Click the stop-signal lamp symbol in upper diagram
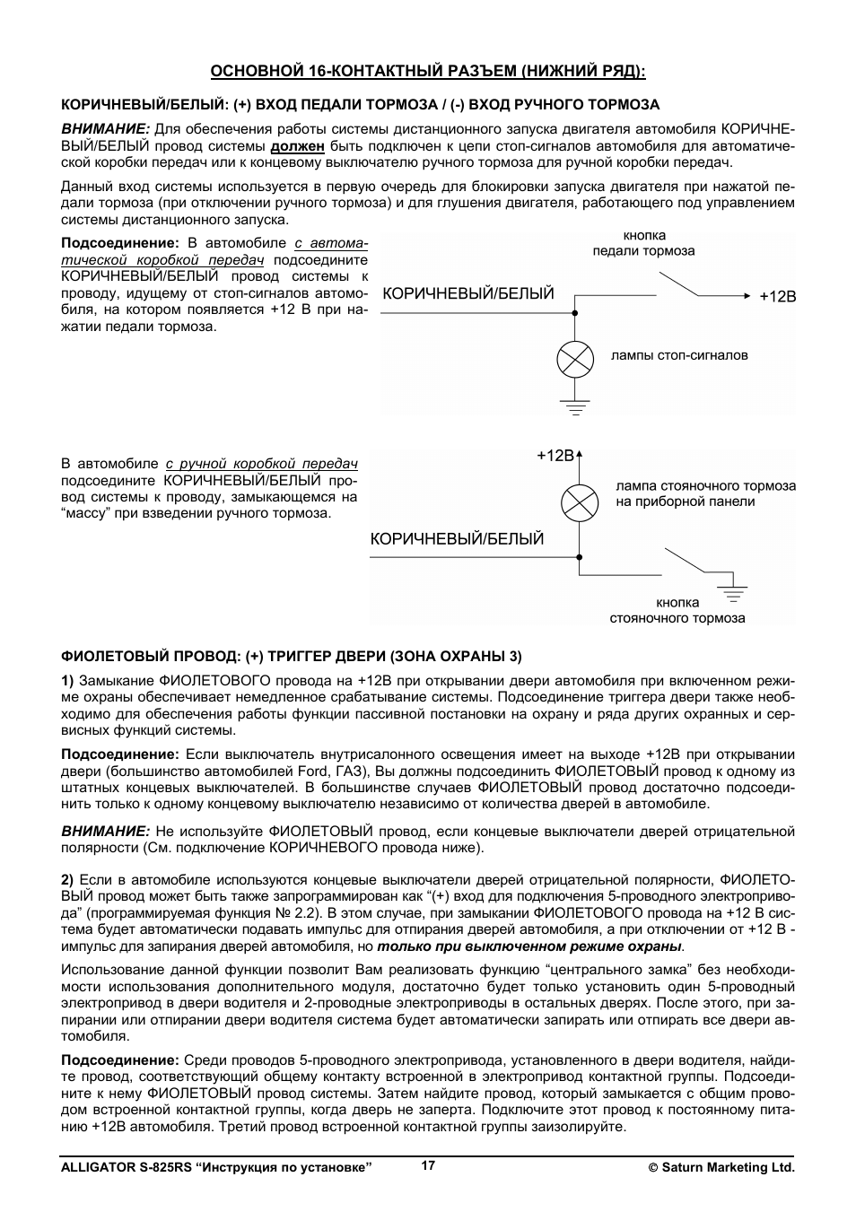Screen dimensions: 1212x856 click(575, 360)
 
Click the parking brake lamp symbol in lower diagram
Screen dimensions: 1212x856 click(580, 502)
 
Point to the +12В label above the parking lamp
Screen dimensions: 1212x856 click(555, 456)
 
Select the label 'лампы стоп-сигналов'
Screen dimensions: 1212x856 click(679, 355)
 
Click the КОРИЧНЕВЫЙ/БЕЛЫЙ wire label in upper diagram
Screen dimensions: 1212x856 click(468, 294)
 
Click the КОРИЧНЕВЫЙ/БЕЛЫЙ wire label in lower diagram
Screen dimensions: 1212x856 click(458, 539)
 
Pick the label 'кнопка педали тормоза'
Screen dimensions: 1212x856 click(643, 243)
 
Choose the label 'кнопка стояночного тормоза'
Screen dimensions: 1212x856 click(677, 610)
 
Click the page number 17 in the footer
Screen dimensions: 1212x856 click(428, 1165)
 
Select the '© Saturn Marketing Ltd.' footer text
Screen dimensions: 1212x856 click(722, 1168)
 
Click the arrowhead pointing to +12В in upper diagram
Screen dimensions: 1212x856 click(746, 296)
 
